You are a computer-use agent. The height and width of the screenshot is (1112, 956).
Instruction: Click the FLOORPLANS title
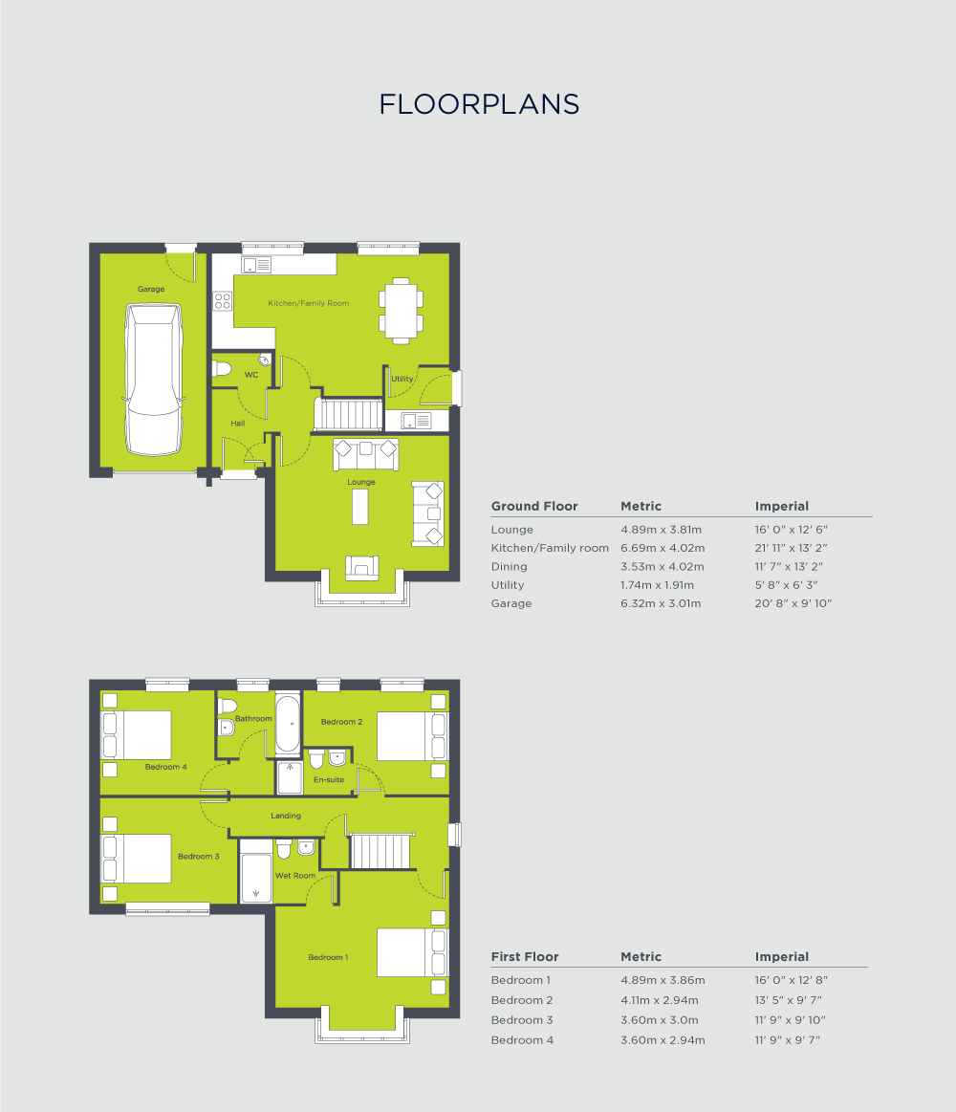click(x=479, y=104)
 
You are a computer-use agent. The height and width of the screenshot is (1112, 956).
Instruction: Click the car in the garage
click(x=153, y=379)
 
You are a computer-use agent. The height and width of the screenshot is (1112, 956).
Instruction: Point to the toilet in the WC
click(x=223, y=368)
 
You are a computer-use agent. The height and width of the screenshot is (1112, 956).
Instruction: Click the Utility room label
click(x=402, y=379)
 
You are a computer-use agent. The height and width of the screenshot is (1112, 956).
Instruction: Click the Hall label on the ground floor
click(x=237, y=423)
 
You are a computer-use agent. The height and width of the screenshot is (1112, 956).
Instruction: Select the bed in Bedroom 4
click(x=137, y=734)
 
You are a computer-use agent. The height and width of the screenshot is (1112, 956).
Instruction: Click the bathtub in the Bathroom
click(x=288, y=725)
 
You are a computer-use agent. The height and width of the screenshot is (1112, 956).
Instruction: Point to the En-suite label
click(x=328, y=780)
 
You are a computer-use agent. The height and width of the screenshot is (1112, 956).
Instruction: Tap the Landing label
click(x=286, y=816)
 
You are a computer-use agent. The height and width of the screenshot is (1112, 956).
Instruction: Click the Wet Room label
click(x=295, y=876)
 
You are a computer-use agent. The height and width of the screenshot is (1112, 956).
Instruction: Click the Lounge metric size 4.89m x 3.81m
click(x=662, y=530)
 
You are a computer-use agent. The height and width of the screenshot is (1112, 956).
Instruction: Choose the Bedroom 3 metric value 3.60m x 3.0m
click(x=659, y=1020)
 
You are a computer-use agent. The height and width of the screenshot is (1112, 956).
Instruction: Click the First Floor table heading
click(x=525, y=957)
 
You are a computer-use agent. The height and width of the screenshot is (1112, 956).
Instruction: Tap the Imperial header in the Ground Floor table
click(x=782, y=507)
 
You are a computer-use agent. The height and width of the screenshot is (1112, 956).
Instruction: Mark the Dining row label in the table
click(x=509, y=567)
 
